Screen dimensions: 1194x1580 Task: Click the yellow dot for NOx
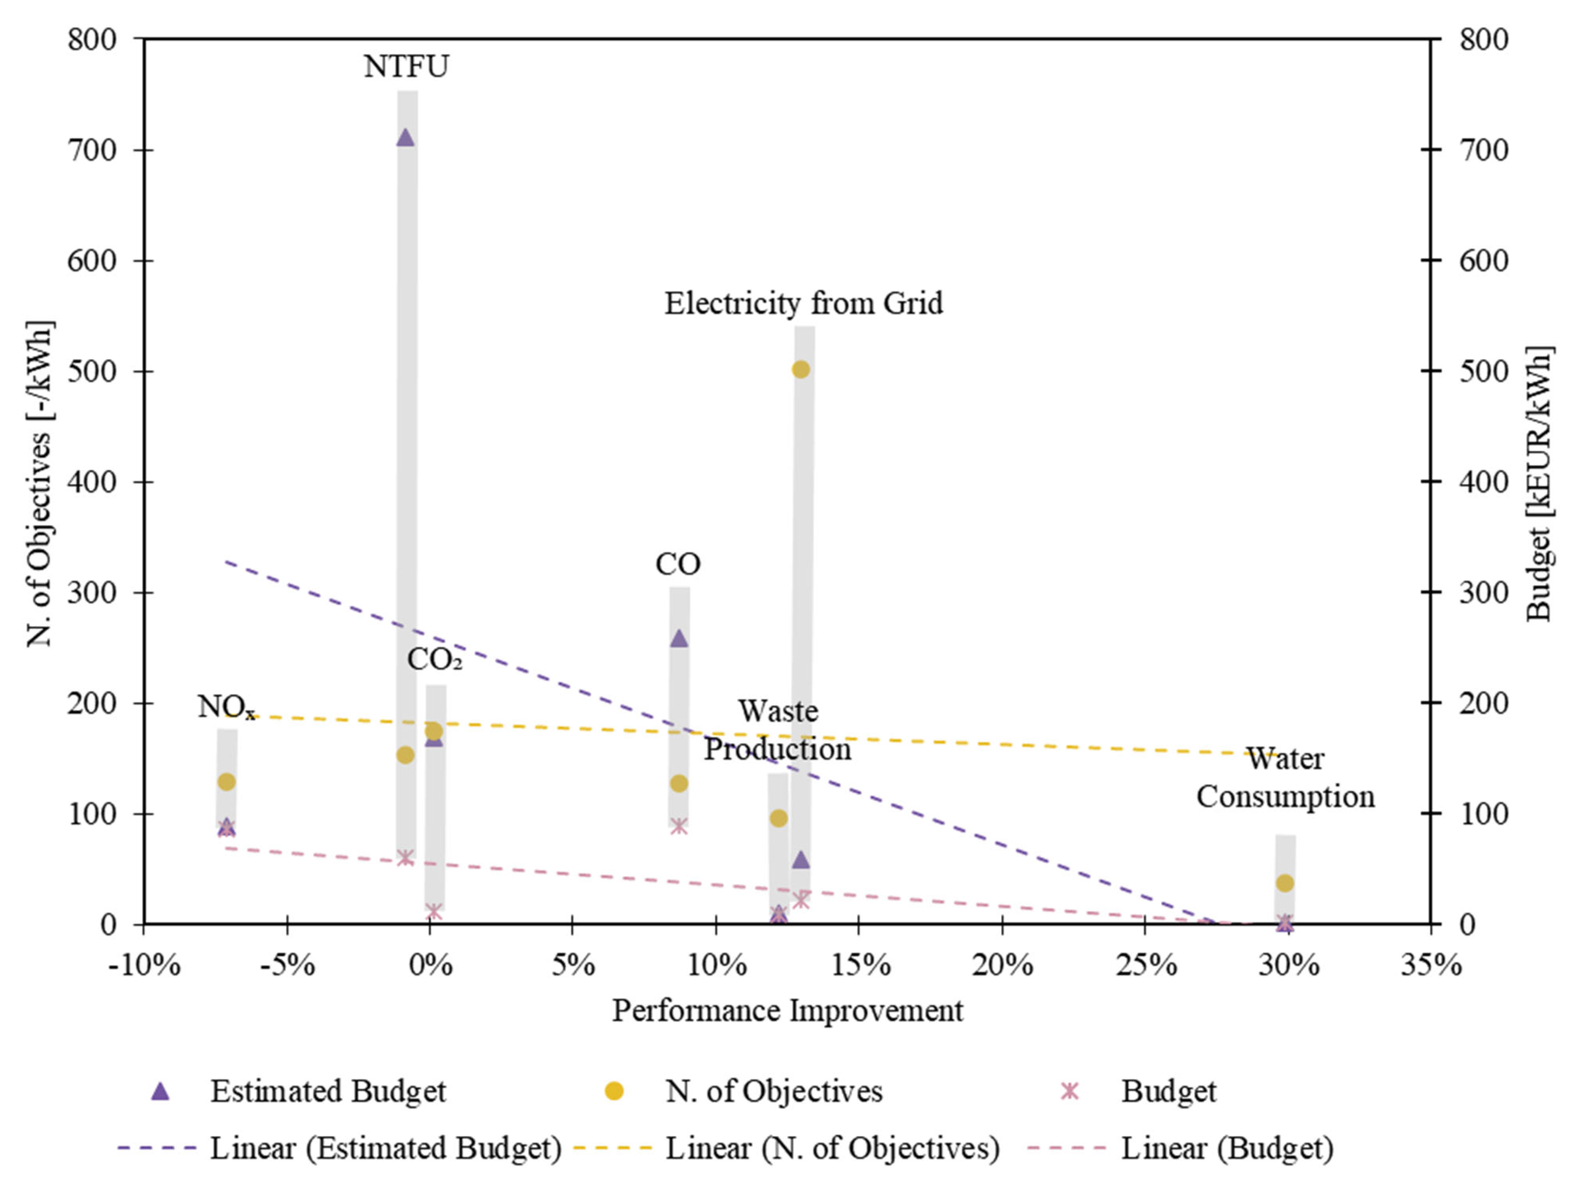227,781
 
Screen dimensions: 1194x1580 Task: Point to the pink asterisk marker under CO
679,826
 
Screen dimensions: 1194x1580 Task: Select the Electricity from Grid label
804,303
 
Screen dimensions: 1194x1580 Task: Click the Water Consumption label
1285,778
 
